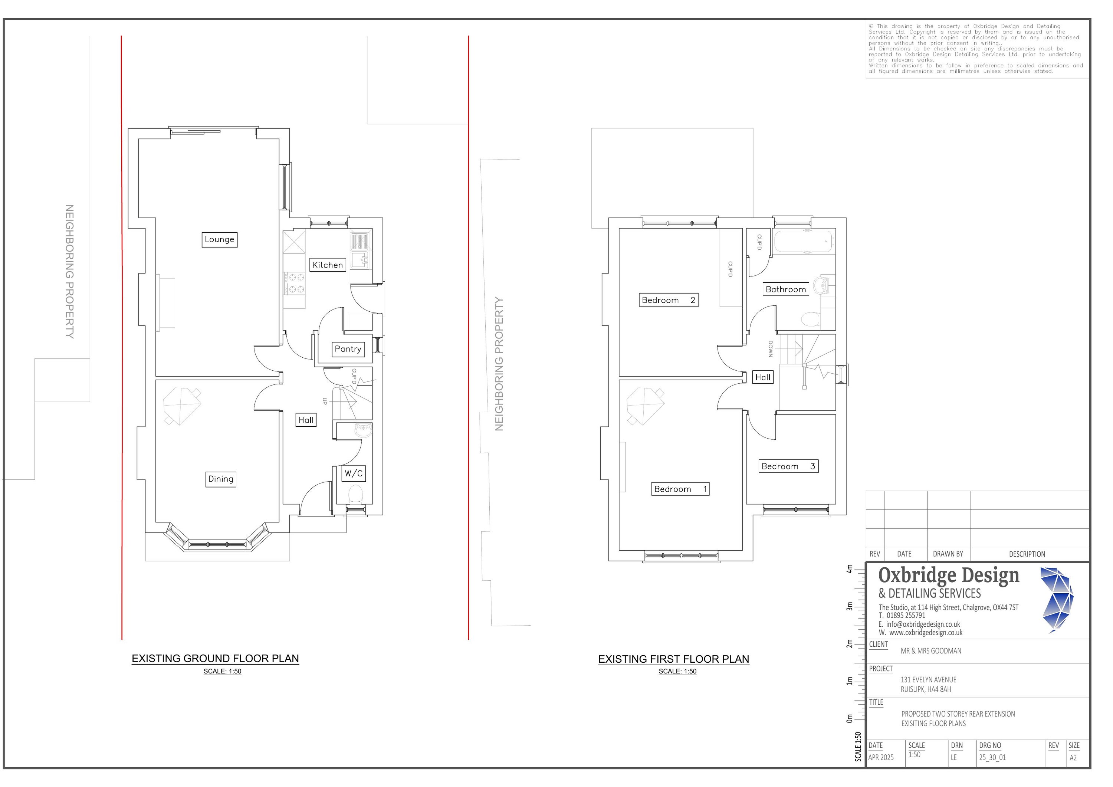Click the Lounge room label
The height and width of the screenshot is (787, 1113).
tap(220, 240)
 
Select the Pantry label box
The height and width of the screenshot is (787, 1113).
tap(348, 349)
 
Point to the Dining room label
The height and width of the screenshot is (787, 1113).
tap(221, 479)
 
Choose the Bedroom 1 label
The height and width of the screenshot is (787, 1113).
tap(680, 489)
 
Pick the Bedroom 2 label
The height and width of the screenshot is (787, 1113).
tap(669, 300)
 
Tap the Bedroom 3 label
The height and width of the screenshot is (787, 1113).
tap(788, 466)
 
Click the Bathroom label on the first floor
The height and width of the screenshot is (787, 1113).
tap(786, 289)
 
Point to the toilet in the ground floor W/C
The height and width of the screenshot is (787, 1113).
tap(356, 495)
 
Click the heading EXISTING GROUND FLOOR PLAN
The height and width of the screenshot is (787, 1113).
tap(215, 659)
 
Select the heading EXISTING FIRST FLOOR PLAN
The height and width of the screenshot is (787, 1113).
tap(674, 659)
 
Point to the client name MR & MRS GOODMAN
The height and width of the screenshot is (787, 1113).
tap(931, 651)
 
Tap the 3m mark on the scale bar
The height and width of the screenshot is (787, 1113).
tap(849, 607)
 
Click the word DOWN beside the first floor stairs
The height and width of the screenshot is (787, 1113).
tap(770, 349)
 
